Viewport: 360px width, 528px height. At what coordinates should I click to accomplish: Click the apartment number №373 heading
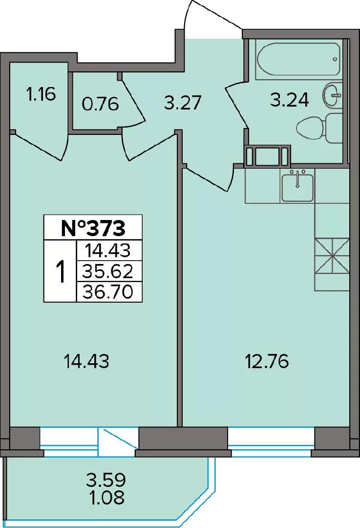coord(93,228)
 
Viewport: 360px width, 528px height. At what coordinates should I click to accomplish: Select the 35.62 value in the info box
coord(108,271)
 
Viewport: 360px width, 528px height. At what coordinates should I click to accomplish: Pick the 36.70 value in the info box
coord(108,291)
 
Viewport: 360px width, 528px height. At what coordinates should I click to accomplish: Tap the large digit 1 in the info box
coord(61,272)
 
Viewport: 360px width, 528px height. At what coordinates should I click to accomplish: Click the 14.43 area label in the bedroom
coord(86,362)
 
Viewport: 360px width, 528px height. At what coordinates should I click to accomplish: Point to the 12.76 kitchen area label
coord(266,362)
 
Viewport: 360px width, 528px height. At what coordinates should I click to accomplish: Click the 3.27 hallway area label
coord(183,103)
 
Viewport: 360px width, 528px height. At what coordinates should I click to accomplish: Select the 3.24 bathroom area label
coord(290,100)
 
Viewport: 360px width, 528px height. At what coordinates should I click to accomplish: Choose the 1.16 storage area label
coord(41,94)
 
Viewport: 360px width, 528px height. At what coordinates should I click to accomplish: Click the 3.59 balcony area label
coord(106,480)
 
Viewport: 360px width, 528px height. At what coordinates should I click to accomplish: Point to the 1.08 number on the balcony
coord(106,497)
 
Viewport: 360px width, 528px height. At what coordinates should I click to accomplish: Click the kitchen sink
coord(297,186)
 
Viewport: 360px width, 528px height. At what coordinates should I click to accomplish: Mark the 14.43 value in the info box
coord(107,250)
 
